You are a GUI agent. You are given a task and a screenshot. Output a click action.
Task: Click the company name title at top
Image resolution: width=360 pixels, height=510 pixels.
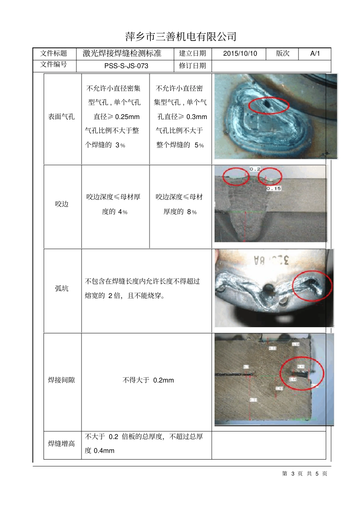pyautogui.click(x=181, y=36)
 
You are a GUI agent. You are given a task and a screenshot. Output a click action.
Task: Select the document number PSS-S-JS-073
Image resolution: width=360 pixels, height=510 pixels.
pyautogui.click(x=126, y=66)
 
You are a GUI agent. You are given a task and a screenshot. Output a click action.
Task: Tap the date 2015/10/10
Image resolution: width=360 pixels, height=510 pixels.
pyautogui.click(x=240, y=53)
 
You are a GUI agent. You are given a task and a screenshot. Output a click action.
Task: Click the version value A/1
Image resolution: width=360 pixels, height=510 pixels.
pyautogui.click(x=315, y=53)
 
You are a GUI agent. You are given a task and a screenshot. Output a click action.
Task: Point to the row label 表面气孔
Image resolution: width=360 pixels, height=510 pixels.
pyautogui.click(x=61, y=117)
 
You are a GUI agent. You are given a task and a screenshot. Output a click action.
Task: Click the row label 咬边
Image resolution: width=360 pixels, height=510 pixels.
pyautogui.click(x=61, y=204)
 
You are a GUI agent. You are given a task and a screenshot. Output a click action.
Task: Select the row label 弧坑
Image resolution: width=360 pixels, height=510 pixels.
pyautogui.click(x=61, y=289)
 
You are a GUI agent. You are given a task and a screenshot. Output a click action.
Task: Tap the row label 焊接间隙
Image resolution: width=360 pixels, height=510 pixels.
pyautogui.click(x=61, y=380)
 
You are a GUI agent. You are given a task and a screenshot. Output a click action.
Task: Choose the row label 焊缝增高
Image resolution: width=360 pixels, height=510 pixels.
pyautogui.click(x=61, y=444)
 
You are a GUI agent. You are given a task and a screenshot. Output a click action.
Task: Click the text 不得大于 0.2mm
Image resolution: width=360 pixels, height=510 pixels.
pyautogui.click(x=148, y=380)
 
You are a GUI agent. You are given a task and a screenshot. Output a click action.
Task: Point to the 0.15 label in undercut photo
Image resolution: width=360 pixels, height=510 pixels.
pyautogui.click(x=274, y=188)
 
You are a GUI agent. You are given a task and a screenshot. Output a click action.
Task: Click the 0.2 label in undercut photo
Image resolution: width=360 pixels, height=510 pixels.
pyautogui.click(x=255, y=169)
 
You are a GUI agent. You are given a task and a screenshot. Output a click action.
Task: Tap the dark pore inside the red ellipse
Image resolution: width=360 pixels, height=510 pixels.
pyautogui.click(x=267, y=103)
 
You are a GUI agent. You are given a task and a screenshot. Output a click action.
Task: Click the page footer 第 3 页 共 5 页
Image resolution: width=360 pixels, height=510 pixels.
pyautogui.click(x=305, y=474)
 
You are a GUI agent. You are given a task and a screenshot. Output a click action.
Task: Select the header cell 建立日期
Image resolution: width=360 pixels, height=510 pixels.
pyautogui.click(x=193, y=53)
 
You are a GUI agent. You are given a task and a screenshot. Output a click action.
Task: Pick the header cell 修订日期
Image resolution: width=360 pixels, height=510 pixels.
pyautogui.click(x=193, y=66)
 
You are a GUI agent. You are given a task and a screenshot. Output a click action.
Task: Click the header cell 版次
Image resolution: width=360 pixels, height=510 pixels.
pyautogui.click(x=282, y=53)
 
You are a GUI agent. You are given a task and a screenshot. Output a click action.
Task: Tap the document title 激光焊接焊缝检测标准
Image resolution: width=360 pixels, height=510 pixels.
pyautogui.click(x=122, y=53)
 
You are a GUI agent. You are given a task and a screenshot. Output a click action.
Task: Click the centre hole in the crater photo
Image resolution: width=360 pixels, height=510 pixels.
pyautogui.click(x=268, y=290)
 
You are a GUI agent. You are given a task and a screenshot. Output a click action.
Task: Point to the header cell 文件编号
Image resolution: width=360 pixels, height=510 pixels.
pyautogui.click(x=53, y=64)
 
